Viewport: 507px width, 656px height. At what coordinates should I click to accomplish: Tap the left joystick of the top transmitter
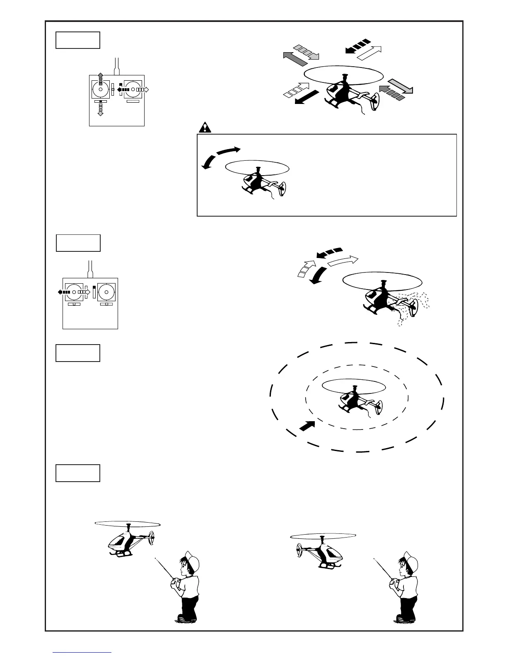(x=100, y=89)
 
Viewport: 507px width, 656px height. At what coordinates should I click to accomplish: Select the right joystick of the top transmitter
(x=133, y=89)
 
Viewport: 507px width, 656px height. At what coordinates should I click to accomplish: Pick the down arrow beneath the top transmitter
(x=100, y=110)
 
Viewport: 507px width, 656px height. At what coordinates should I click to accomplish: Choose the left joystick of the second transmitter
(x=74, y=292)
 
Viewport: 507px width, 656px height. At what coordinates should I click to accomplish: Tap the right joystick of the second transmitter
(x=106, y=292)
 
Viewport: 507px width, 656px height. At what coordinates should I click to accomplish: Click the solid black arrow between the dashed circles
(x=307, y=425)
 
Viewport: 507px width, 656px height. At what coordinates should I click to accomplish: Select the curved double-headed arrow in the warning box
(x=220, y=157)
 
